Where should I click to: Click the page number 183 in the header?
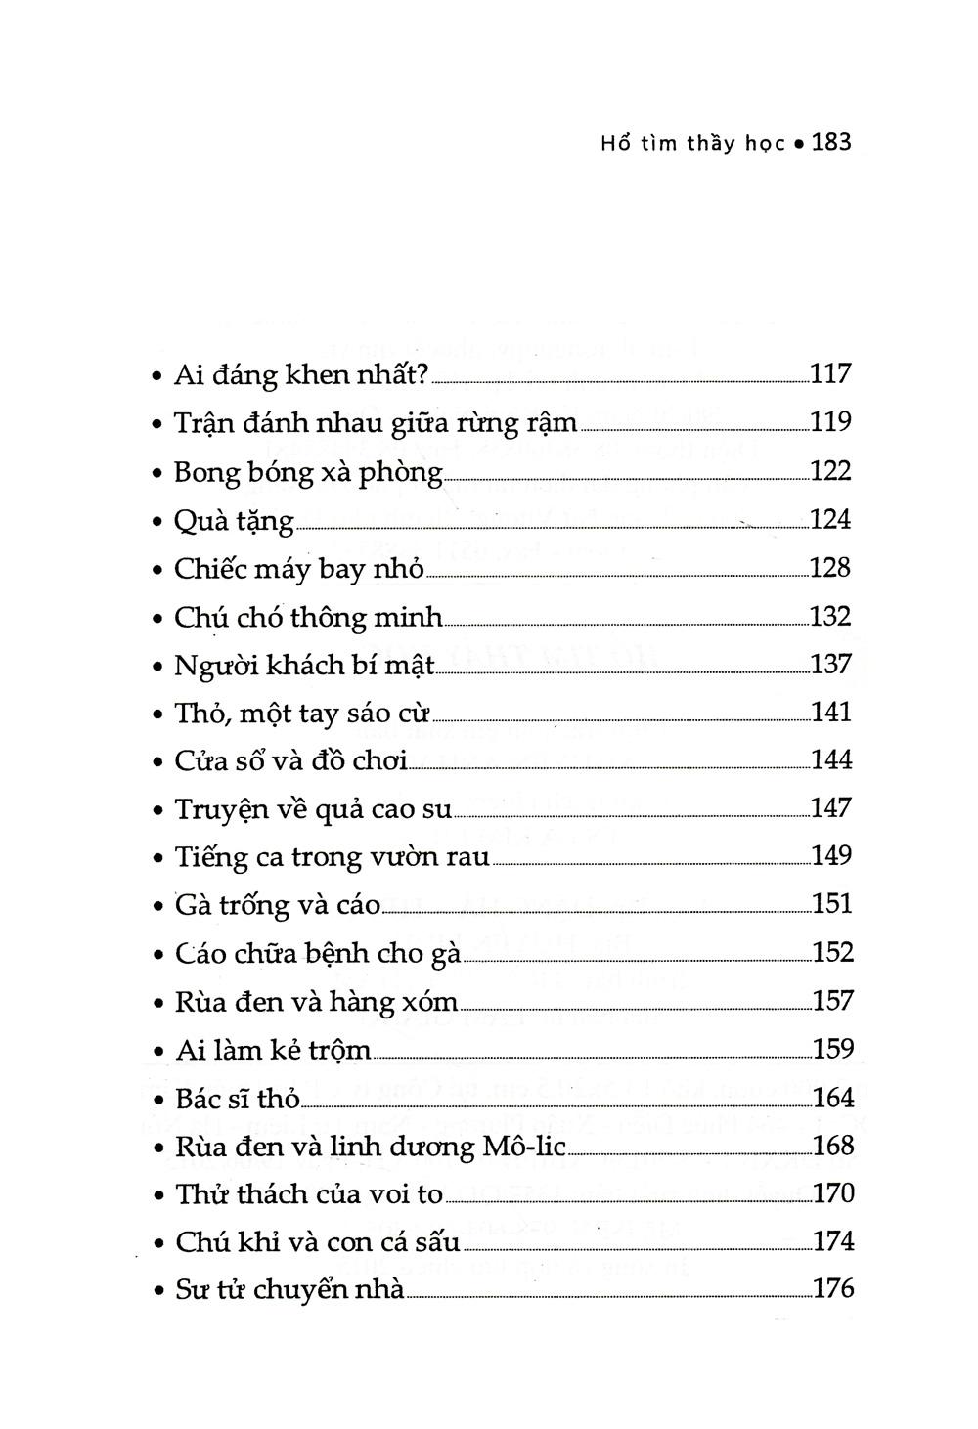(832, 143)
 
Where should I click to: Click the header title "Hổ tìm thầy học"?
(692, 144)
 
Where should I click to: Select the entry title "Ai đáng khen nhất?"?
(302, 374)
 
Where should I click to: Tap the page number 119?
(831, 422)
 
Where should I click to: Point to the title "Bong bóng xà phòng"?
(308, 471)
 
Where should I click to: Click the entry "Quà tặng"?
(234, 521)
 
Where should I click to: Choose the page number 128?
(831, 568)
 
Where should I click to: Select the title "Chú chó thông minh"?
(308, 618)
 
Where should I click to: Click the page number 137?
(831, 665)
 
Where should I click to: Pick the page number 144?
(832, 760)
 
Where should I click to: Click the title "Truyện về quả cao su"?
(313, 809)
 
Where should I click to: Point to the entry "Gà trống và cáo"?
(278, 905)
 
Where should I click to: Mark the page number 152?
(833, 953)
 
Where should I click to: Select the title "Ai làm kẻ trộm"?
(274, 1050)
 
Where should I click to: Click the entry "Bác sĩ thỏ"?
(238, 1098)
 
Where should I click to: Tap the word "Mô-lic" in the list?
(525, 1146)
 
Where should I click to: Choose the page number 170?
(833, 1193)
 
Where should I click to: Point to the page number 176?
(833, 1289)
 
